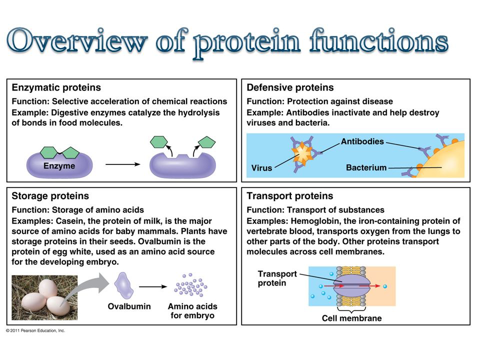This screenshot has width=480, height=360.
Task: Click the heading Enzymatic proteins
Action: (x=56, y=88)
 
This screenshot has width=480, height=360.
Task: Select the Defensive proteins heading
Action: (x=290, y=88)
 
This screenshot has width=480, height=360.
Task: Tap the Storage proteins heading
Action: (x=50, y=196)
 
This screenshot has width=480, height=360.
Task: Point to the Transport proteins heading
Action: (x=290, y=196)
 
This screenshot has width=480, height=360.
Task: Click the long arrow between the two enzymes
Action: (x=122, y=163)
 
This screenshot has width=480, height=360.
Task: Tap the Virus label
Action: (x=261, y=168)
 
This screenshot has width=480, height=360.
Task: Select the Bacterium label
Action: (x=366, y=167)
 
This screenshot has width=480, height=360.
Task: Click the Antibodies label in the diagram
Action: (x=361, y=141)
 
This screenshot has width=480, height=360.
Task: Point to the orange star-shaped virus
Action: (x=302, y=153)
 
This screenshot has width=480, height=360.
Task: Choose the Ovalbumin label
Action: (x=129, y=306)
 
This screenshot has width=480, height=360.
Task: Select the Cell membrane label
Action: (x=351, y=318)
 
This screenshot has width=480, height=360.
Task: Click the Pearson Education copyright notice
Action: (x=35, y=330)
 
